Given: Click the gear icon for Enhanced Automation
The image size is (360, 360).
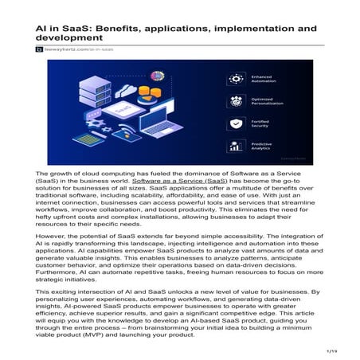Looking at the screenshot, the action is tap(235, 79).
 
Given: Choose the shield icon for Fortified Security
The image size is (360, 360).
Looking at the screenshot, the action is tap(235, 124).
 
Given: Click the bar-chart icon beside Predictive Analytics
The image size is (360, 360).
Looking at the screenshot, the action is tap(235, 147).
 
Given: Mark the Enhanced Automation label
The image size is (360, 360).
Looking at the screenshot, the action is tap(266, 79).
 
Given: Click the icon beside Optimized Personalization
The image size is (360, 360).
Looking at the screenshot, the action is tap(235, 102).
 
